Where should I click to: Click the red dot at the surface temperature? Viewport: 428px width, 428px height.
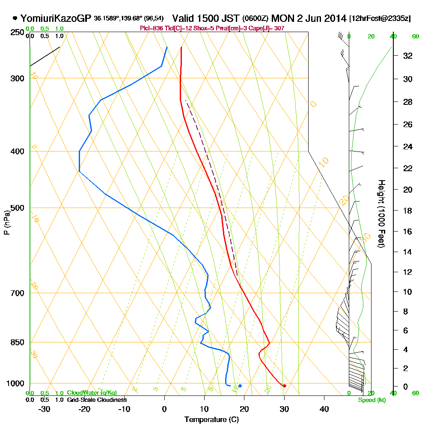point(285,386)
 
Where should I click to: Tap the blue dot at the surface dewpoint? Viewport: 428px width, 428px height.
point(240,386)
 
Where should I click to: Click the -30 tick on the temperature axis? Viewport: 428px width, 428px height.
point(44,409)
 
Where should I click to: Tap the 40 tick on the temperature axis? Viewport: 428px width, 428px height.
point(324,409)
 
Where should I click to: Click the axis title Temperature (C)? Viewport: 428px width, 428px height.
point(211,420)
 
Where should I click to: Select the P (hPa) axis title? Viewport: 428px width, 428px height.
point(7,223)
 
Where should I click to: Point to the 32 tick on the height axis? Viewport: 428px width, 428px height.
point(408,56)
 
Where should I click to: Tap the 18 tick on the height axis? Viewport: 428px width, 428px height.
point(408,211)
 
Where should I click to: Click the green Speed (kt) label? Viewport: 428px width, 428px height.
point(370,400)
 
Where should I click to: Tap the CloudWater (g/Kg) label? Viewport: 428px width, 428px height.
point(92,393)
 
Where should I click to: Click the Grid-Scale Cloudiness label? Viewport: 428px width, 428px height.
point(97,400)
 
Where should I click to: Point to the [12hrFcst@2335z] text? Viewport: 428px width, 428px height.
point(380,19)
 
